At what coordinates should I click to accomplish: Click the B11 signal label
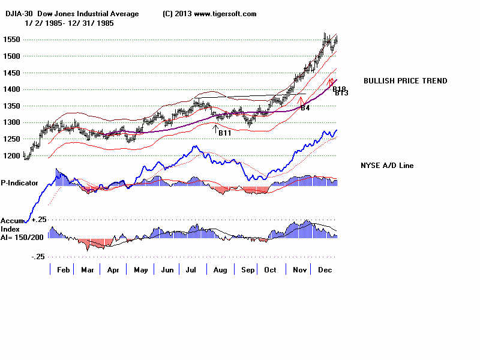tap(224, 133)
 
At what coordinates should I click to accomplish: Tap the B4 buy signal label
tap(305, 108)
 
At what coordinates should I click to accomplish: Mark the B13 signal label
tap(341, 93)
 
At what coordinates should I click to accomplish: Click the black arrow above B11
tap(215, 128)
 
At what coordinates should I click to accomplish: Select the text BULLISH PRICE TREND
tap(405, 81)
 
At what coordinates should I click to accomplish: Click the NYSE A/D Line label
tap(387, 166)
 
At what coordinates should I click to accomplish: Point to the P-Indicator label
tap(20, 182)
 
